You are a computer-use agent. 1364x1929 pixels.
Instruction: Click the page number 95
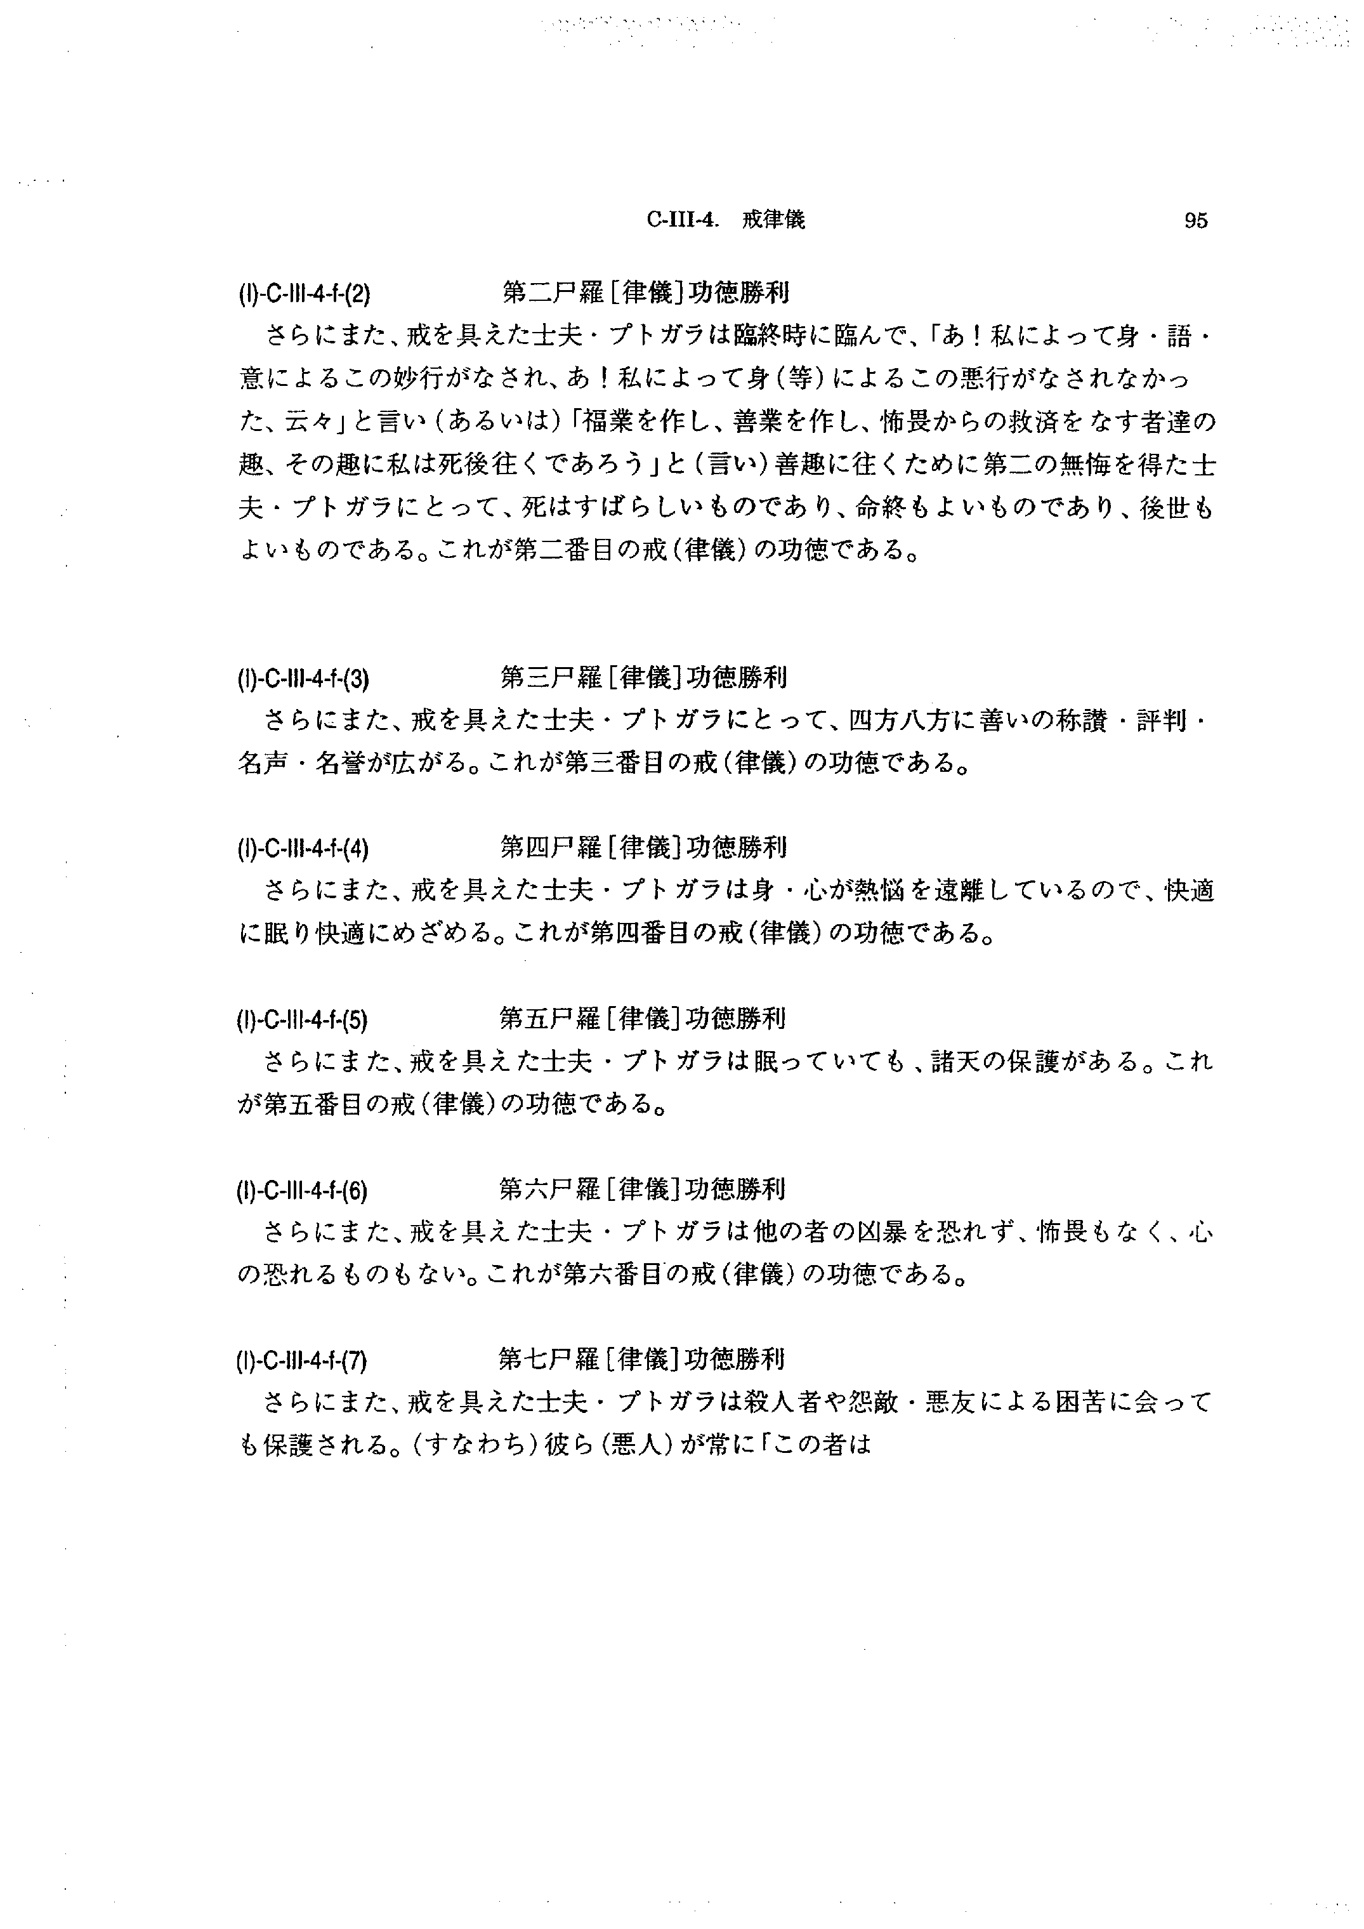click(1195, 221)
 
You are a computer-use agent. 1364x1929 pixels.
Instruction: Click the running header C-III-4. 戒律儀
click(726, 220)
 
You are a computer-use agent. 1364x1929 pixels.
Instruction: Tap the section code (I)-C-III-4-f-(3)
click(304, 678)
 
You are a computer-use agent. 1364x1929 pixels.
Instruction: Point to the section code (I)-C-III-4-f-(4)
click(304, 849)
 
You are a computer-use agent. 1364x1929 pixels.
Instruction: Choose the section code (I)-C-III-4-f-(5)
click(304, 1020)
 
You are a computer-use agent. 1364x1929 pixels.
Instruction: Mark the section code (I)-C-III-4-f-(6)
click(304, 1191)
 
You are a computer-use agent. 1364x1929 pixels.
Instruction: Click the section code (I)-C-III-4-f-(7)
click(304, 1360)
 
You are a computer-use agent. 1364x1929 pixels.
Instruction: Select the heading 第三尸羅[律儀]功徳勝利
click(643, 677)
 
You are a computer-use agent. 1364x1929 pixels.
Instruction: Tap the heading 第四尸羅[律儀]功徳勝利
click(643, 847)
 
